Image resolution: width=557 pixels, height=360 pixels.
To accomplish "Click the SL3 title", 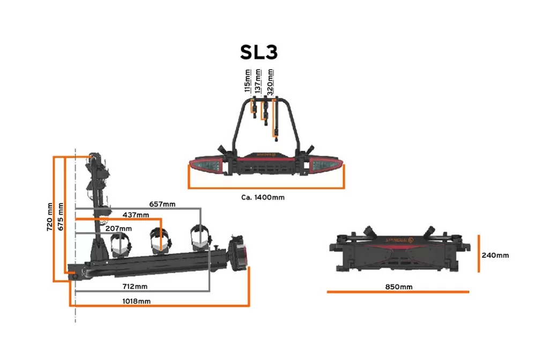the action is (x=258, y=52).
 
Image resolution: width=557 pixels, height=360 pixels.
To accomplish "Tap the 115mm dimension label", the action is (x=248, y=80).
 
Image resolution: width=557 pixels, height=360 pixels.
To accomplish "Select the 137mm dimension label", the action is (x=258, y=81).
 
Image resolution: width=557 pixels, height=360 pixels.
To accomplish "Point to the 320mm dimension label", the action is (x=270, y=82).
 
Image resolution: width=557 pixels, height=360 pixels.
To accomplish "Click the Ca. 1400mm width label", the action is (x=263, y=197).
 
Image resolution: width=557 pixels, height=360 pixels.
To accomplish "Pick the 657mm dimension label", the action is (x=162, y=204).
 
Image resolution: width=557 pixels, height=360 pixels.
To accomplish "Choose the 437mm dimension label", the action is (x=136, y=215).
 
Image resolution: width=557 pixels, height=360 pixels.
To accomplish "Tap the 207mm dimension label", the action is (x=118, y=229).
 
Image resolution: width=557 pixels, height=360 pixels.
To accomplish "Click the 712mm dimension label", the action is (x=135, y=286).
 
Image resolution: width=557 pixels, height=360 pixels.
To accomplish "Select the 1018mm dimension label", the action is (x=136, y=302).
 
